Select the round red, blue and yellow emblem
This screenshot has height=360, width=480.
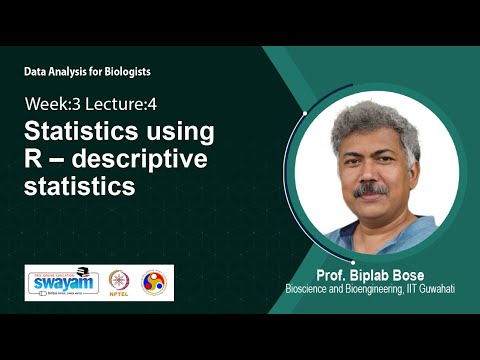point(154,283)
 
